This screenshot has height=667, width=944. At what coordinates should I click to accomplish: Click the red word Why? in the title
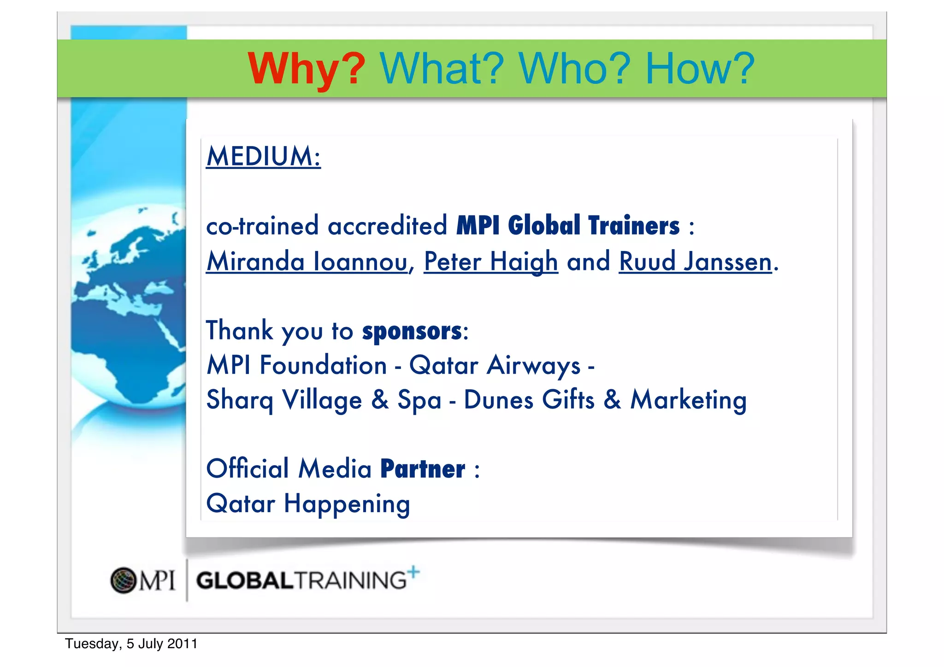306,69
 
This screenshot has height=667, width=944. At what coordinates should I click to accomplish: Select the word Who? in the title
574,69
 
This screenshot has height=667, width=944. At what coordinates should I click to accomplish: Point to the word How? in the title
700,69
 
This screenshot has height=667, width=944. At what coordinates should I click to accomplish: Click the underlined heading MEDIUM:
263,156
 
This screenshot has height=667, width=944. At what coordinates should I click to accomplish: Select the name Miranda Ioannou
307,261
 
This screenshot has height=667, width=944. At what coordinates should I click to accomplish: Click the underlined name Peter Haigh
490,261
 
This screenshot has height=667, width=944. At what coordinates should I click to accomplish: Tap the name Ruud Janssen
695,261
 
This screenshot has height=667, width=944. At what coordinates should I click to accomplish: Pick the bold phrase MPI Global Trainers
568,226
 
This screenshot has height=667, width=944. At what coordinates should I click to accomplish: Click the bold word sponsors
412,331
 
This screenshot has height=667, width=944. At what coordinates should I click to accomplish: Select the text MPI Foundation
297,365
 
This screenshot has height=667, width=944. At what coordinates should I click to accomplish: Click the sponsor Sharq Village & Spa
324,399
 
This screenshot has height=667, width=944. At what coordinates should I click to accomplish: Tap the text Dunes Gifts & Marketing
605,399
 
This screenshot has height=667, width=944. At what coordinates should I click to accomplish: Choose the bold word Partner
423,469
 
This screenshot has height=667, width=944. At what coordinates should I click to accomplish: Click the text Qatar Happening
308,503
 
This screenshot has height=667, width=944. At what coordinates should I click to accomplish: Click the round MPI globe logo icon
123,580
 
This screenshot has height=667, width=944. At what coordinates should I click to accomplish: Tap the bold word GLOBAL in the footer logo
245,580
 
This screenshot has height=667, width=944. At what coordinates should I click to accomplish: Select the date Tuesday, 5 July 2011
131,644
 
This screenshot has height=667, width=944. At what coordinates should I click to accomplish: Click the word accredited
387,226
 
